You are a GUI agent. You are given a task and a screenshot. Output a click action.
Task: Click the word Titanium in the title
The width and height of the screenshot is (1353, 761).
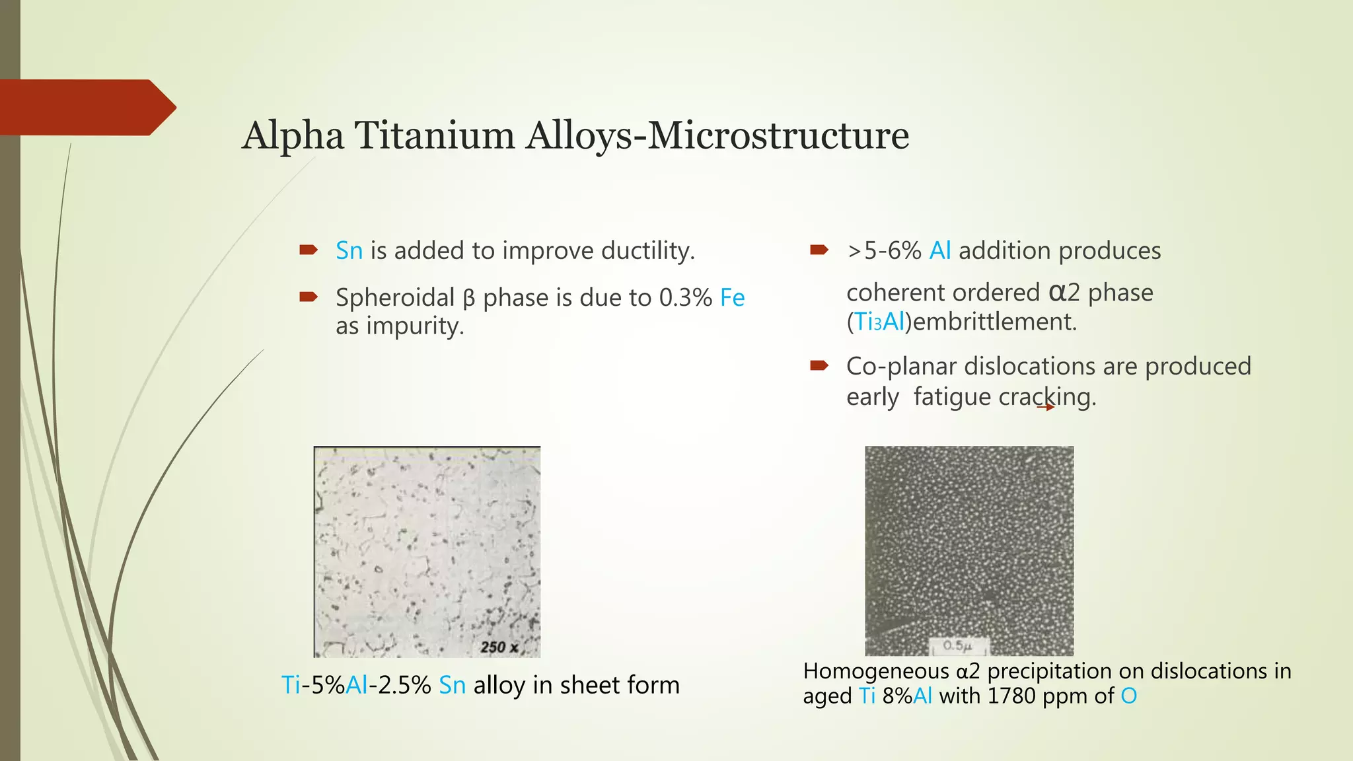click(x=434, y=135)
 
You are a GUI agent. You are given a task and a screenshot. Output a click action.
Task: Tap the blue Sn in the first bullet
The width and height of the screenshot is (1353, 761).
click(x=349, y=251)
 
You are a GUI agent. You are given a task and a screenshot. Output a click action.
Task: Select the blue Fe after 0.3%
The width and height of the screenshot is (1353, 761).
click(x=732, y=298)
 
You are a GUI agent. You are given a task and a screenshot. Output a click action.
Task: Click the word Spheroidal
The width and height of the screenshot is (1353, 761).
click(x=394, y=298)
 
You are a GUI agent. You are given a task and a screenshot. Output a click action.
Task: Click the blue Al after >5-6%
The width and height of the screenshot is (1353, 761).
click(x=939, y=251)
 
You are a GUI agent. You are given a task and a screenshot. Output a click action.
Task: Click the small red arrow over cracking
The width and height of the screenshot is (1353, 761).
click(x=1046, y=407)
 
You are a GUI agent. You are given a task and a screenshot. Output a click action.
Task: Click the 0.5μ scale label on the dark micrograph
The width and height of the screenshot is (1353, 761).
click(x=957, y=645)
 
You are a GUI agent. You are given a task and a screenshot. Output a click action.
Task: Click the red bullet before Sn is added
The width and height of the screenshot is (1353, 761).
click(x=309, y=250)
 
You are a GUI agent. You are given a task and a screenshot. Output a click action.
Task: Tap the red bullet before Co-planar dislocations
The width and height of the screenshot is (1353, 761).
click(x=819, y=365)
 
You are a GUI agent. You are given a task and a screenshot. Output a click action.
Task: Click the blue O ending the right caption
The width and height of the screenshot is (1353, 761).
click(x=1128, y=696)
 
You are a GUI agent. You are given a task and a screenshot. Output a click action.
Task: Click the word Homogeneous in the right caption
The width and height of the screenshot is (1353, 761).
click(x=875, y=671)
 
